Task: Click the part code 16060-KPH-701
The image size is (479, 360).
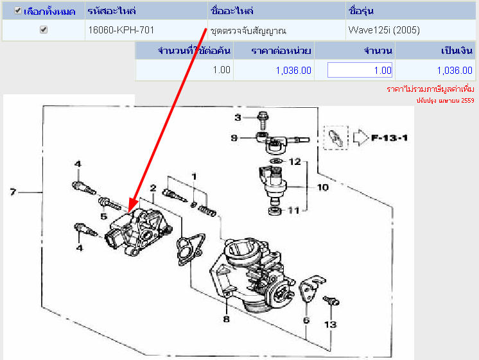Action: pos(121,30)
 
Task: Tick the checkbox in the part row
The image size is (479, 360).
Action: pos(44,30)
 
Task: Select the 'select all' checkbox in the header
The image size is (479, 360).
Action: pos(18,11)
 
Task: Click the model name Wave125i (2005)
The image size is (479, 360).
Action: pos(384,30)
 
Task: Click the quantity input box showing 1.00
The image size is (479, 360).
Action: pos(360,70)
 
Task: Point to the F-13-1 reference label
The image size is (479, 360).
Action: pos(390,138)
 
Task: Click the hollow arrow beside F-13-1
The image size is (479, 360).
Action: pos(361,137)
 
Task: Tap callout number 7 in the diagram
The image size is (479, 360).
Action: pos(13,192)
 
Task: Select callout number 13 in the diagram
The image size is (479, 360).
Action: pos(330,324)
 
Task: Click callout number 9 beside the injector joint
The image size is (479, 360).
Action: pos(234,138)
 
